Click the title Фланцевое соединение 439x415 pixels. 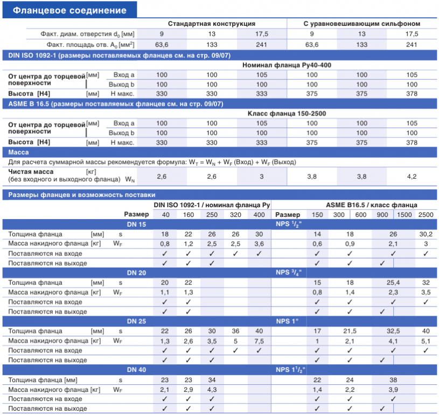click(69, 10)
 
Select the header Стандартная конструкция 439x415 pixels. click(211, 24)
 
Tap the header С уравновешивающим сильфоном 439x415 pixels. click(362, 24)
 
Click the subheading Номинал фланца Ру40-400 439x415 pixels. click(287, 65)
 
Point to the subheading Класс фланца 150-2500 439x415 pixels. click(287, 114)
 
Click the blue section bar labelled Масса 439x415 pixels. click(220, 152)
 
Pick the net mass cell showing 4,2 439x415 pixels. click(412, 176)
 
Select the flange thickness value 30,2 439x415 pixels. click(426, 234)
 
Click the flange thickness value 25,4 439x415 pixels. click(393, 283)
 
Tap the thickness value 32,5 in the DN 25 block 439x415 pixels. click(393, 331)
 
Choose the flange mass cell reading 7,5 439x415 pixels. click(259, 341)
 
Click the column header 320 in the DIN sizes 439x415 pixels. click(235, 215)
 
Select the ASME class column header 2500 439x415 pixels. click(426, 215)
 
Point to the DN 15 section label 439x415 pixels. click(136, 224)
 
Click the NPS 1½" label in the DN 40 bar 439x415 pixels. click(290, 370)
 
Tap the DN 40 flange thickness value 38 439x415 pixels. click(393, 379)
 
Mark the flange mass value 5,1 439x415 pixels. click(426, 341)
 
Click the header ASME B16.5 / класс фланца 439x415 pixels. click(371, 205)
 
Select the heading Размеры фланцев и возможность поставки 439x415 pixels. click(82, 195)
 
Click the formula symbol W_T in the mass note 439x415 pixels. click(193, 162)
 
